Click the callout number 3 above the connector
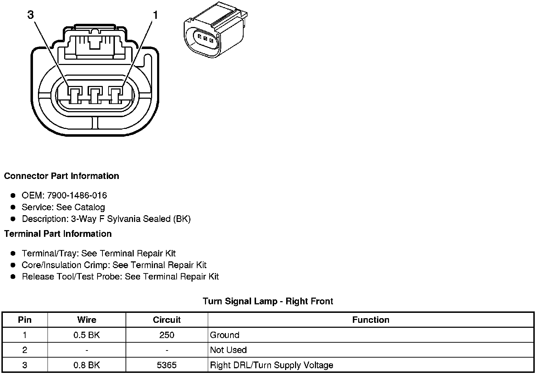click(x=30, y=15)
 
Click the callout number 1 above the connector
click(x=155, y=15)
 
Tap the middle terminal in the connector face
click(x=95, y=96)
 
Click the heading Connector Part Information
click(x=61, y=176)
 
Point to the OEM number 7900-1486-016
click(x=77, y=195)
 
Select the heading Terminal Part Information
click(x=58, y=234)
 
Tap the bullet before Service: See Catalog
click(x=13, y=207)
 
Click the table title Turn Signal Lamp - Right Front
click(x=268, y=301)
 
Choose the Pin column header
click(x=25, y=320)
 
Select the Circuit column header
click(x=167, y=320)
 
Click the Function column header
click(x=371, y=320)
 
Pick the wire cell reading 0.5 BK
click(x=87, y=335)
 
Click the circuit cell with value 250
click(x=167, y=335)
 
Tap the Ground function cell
click(x=225, y=335)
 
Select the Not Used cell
click(x=228, y=350)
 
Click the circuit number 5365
click(x=167, y=365)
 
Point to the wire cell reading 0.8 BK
click(x=87, y=365)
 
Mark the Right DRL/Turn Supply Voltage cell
click(x=272, y=365)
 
